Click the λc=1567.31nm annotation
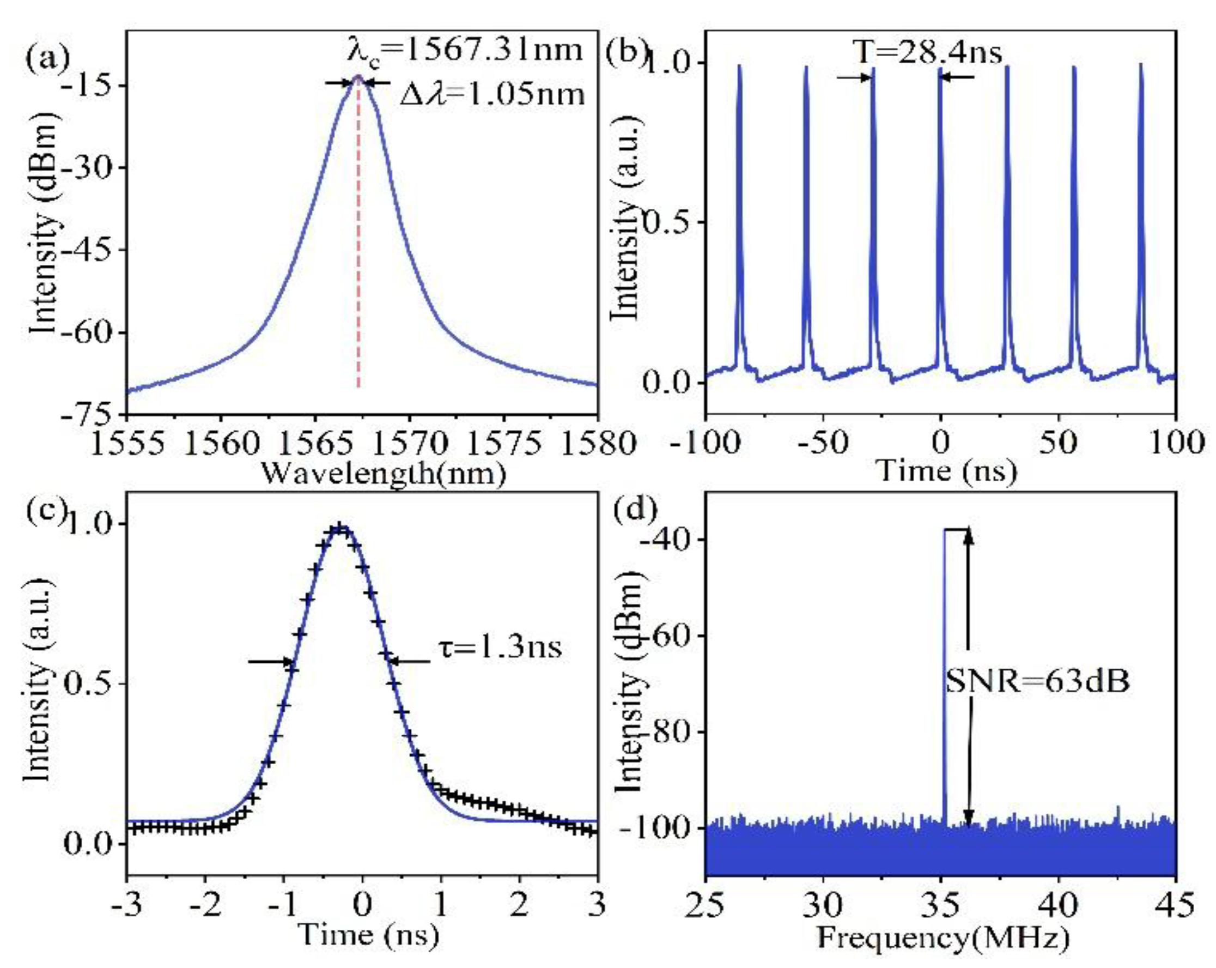click(464, 51)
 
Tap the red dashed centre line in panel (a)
click(358, 237)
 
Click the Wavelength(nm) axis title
click(383, 474)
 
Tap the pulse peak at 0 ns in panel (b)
click(940, 69)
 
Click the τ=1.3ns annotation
click(500, 648)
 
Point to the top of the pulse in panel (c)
click(339, 528)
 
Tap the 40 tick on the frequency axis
click(1058, 905)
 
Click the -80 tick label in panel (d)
click(672, 731)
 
